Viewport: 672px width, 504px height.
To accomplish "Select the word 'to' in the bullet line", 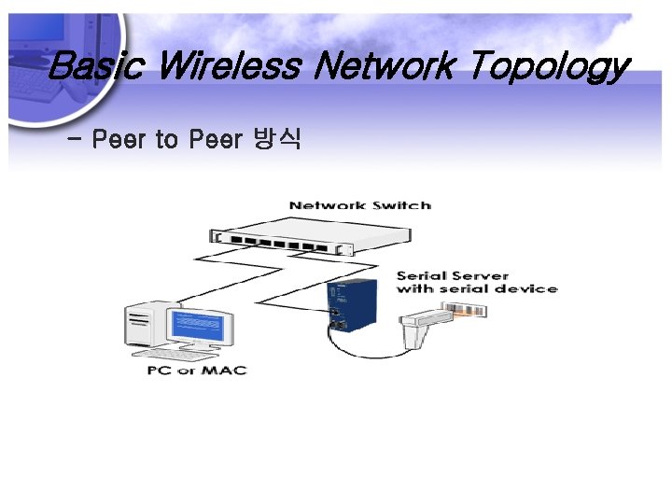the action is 167,140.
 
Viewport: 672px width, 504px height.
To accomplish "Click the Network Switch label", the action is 359,205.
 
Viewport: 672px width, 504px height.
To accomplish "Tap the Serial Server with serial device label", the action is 476,282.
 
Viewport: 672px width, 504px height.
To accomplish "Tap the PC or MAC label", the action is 196,370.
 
